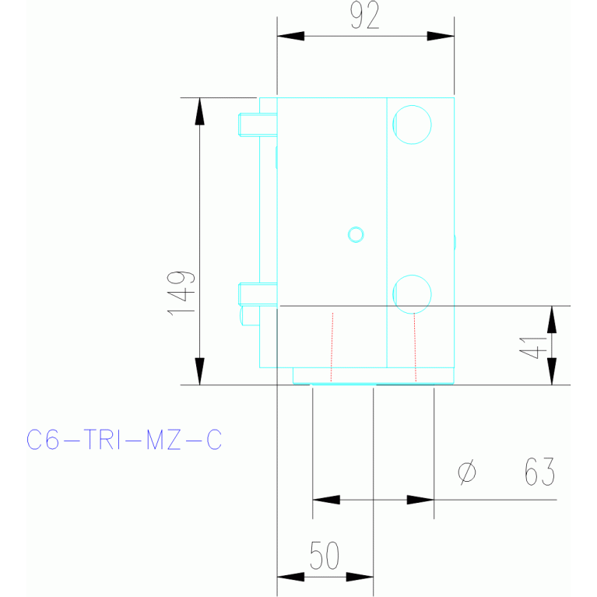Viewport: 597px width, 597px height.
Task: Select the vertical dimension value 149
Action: coord(181,293)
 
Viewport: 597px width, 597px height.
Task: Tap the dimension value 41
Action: coord(532,343)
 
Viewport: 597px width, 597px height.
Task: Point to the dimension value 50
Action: coord(325,556)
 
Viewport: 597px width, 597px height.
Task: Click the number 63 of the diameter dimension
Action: coord(539,472)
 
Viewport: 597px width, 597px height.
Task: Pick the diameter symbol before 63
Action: coord(467,472)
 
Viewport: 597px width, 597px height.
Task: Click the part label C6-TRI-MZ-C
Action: coord(125,441)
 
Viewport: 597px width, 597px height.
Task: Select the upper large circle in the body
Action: coord(412,124)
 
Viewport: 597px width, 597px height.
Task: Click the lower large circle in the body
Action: coord(412,293)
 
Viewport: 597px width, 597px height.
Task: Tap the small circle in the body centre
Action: coord(356,234)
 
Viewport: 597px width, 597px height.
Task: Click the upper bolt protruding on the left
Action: coord(257,124)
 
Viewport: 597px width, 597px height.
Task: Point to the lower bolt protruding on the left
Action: coord(257,293)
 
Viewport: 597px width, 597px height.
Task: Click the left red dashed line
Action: coord(332,346)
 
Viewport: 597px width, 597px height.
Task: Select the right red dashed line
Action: coord(415,346)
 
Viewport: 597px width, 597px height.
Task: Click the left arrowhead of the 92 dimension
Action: coord(290,37)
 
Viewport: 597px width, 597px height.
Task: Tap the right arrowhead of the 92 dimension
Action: coord(441,37)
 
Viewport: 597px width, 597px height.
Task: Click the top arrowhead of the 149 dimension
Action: coord(199,111)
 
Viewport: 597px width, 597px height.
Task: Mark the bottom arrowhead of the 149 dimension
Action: coord(199,371)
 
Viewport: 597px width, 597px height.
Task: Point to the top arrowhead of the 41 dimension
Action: coord(551,319)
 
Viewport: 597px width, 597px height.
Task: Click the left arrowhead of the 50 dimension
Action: coord(290,577)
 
